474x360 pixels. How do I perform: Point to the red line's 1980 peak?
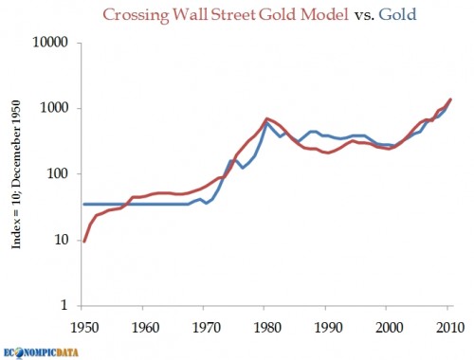click(x=266, y=118)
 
